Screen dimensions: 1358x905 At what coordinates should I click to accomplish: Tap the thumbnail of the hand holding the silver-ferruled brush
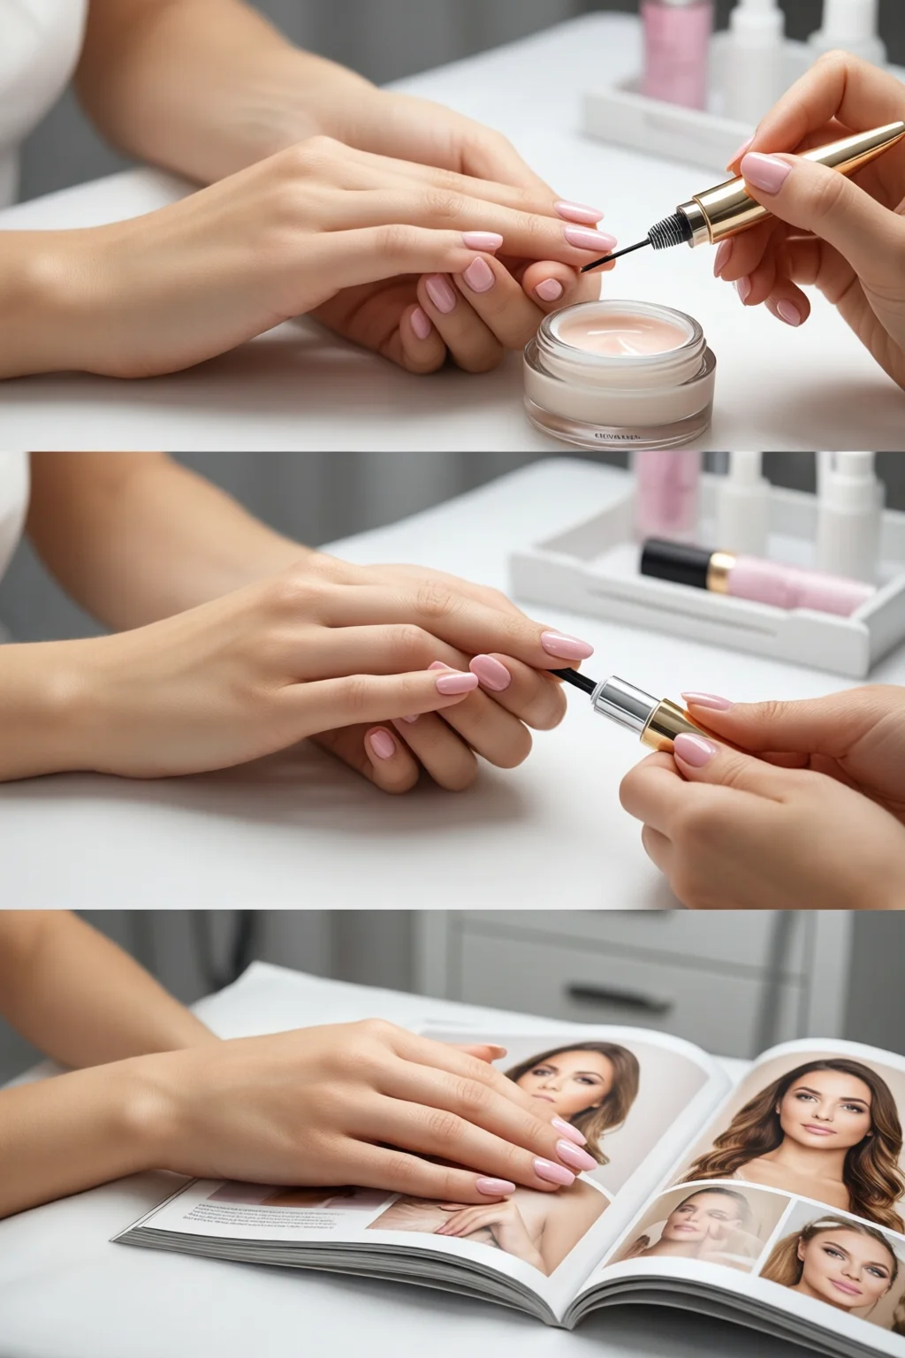pyautogui.click(x=695, y=749)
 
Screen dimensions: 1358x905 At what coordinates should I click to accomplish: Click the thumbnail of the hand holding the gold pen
pyautogui.click(x=765, y=172)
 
